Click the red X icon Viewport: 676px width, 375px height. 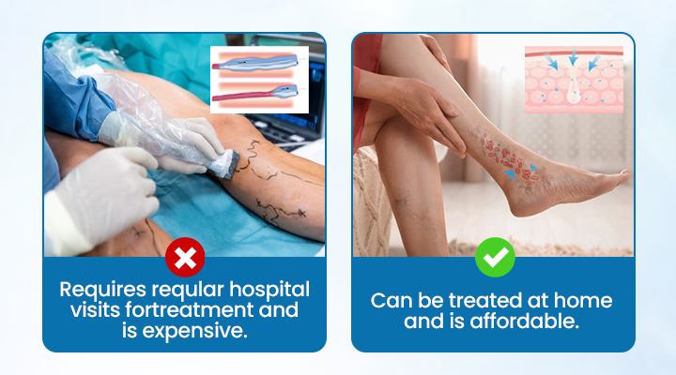[x=185, y=257]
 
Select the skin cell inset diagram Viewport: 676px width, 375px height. [x=573, y=80]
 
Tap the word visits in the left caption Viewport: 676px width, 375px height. [x=88, y=309]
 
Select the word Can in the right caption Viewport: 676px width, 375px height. [x=392, y=300]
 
